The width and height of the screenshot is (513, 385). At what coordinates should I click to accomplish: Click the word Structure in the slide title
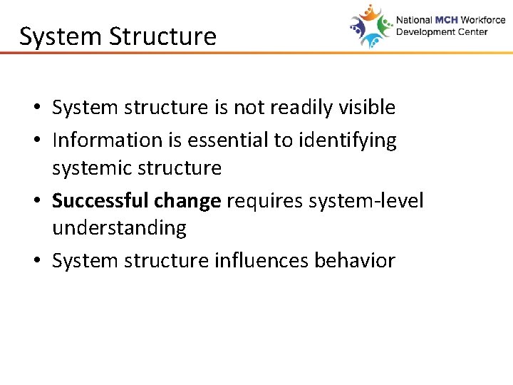(168, 36)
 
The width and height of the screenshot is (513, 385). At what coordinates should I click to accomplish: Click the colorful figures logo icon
(371, 26)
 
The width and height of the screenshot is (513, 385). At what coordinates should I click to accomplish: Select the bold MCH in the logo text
(444, 20)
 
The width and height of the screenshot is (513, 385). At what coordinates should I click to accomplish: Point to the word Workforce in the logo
(482, 20)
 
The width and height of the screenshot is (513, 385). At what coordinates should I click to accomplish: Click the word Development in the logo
(426, 32)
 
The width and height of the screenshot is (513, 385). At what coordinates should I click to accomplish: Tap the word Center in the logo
(472, 32)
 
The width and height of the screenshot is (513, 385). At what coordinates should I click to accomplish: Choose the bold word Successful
(100, 200)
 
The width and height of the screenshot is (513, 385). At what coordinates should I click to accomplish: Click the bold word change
(187, 200)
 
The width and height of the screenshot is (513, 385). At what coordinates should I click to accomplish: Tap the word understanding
(119, 228)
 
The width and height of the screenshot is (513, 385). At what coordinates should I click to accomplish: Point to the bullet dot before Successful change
(35, 202)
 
